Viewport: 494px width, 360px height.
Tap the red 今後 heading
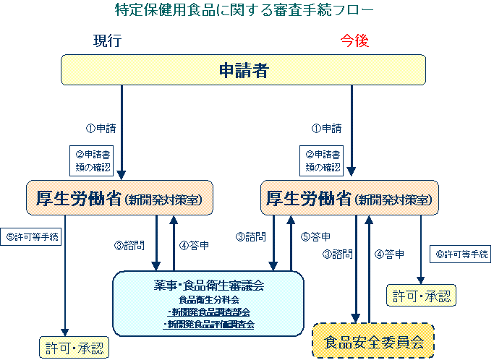354,41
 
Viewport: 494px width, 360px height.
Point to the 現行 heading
106,41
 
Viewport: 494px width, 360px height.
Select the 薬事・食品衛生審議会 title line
209,286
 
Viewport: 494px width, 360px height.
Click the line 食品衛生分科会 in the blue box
209,299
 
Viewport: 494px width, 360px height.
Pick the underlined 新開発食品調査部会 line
209,312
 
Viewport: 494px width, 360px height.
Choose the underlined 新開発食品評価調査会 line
209,325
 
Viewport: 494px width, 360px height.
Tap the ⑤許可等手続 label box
33,236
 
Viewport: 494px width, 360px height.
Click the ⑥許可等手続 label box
460,254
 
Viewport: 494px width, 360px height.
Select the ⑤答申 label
315,236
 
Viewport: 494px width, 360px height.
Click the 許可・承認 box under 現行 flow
72,347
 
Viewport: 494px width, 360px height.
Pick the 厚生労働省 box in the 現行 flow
120,197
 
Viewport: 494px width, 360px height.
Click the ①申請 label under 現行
101,128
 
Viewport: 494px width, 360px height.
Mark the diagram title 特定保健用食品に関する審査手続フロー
245,10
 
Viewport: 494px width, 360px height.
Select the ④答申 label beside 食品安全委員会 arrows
389,254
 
